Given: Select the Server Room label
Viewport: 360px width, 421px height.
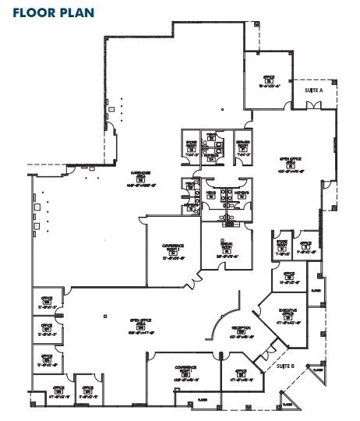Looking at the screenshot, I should point(242,147).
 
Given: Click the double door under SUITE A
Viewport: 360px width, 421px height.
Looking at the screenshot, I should point(310,109).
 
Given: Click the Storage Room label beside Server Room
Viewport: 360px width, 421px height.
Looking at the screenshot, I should point(191,147).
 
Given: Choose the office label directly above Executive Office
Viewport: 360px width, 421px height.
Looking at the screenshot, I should point(288,278).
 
